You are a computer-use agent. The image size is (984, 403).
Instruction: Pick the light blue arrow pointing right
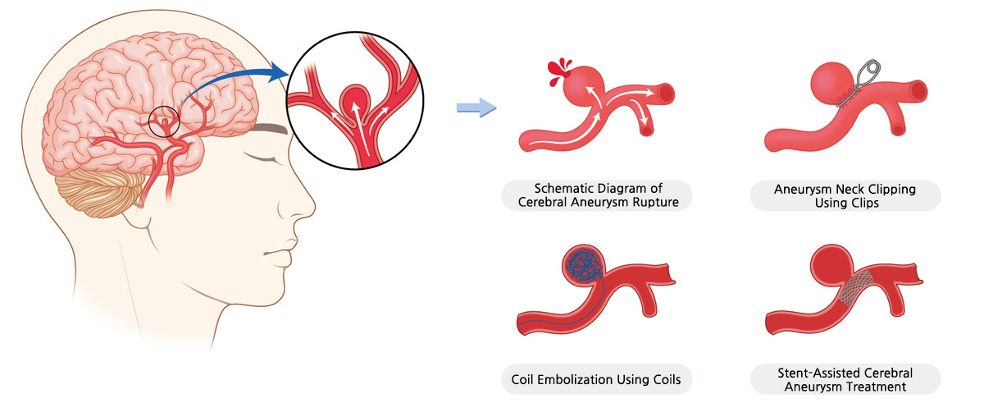click(476, 107)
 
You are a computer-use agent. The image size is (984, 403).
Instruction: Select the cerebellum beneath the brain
click(92, 186)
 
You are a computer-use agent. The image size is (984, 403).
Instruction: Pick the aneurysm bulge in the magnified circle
click(354, 99)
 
